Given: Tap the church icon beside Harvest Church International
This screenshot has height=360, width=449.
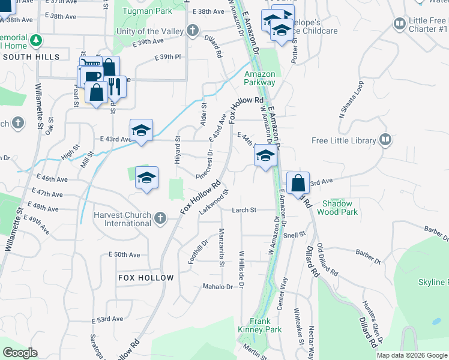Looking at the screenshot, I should coord(160,218).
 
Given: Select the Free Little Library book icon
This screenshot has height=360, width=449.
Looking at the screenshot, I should coord(385,141).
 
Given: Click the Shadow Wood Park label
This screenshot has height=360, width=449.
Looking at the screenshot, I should coord(337,208).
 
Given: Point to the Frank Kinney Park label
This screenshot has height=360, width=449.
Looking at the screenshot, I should coord(265,325).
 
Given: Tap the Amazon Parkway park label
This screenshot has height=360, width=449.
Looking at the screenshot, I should coord(260,78).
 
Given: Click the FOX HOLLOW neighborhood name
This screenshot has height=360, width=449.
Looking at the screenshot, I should coord(146,278).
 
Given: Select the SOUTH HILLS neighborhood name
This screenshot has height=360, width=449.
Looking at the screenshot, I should coord(31,57).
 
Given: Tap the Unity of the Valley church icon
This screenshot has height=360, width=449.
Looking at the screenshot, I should coord(192,31).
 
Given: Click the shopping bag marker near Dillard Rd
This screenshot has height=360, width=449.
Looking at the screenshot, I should coord(298,182).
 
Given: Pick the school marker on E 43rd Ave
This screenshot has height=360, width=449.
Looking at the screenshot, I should coord(142,130).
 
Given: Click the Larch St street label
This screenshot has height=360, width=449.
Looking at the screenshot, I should coord(245,210).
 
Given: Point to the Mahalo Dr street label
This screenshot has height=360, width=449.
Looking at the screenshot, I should coord(217,287).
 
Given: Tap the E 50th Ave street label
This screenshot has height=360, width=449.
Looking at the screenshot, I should coord(124,255).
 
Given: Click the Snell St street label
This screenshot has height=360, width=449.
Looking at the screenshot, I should coord(295,235).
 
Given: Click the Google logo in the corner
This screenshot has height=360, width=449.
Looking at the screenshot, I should coord(20,353).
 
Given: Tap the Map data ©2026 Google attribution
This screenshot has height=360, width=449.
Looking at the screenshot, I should coord(411,355).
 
